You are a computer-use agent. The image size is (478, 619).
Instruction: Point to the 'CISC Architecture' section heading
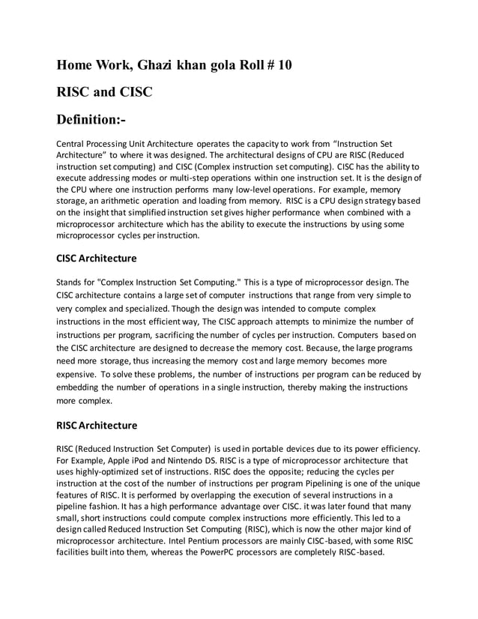pos(97,259)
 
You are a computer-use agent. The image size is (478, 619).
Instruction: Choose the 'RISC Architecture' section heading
pos(97,426)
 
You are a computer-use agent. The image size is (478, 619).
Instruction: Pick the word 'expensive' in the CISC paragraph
pos(78,374)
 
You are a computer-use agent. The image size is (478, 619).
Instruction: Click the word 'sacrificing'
pos(206,333)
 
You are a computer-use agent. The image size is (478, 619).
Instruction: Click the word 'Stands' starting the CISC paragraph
pos(70,283)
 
